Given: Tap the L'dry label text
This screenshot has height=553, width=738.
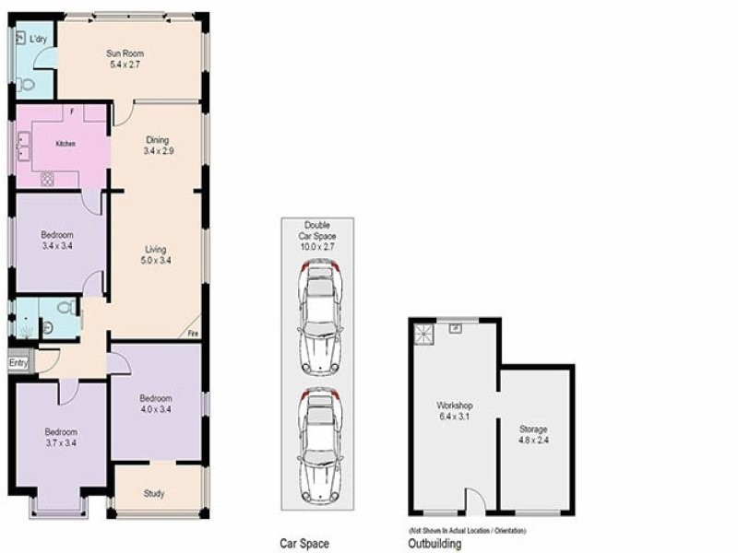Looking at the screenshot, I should (x=38, y=40).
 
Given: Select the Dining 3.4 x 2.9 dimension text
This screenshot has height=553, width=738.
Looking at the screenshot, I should (x=157, y=150).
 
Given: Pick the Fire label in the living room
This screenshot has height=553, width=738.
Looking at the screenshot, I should (x=193, y=333).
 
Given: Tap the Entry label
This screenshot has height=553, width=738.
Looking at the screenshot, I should (x=18, y=363).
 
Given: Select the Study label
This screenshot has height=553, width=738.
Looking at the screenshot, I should (x=155, y=494).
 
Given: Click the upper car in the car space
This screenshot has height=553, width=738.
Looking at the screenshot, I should (x=318, y=316).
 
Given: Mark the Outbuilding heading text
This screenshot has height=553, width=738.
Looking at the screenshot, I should (x=434, y=544).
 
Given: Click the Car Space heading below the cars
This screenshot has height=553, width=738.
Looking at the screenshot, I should (x=304, y=544).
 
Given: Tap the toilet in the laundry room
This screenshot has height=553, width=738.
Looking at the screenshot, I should (x=27, y=85).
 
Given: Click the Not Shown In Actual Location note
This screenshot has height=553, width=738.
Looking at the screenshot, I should (x=467, y=531).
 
